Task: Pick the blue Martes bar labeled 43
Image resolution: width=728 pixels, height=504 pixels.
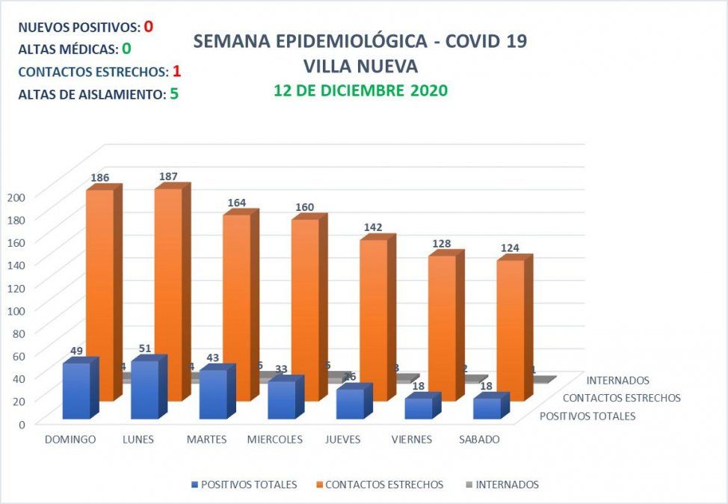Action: click(213, 394)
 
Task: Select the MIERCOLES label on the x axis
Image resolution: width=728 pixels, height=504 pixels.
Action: click(275, 440)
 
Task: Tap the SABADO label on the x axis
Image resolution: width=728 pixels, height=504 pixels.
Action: click(479, 440)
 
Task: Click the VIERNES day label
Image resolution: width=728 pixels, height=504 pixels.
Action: click(411, 440)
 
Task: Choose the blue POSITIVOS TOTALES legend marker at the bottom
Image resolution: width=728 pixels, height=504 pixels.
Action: click(195, 485)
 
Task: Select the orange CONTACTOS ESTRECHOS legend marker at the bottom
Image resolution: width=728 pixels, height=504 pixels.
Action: click(320, 485)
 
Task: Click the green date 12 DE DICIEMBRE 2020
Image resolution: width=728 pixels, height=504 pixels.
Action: click(360, 91)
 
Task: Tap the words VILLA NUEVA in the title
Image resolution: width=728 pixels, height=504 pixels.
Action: click(360, 66)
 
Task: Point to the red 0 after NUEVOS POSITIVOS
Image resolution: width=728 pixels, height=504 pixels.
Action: click(149, 27)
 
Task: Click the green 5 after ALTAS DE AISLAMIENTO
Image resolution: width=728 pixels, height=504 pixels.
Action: click(174, 94)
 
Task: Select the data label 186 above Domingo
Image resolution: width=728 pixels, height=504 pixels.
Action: click(100, 178)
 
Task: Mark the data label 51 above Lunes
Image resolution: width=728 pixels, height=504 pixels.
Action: click(145, 348)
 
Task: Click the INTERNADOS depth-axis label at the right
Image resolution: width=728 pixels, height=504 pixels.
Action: click(618, 381)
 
